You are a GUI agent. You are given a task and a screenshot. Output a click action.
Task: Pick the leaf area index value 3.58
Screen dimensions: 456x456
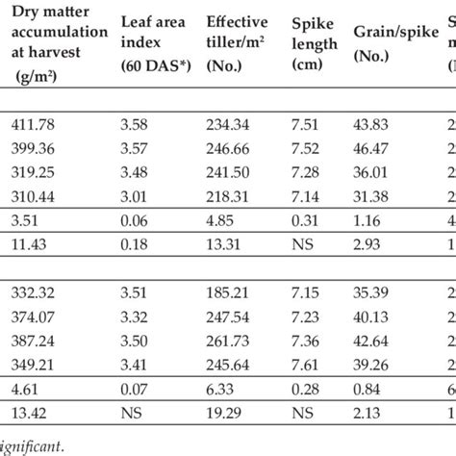pyautogui.click(x=139, y=122)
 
